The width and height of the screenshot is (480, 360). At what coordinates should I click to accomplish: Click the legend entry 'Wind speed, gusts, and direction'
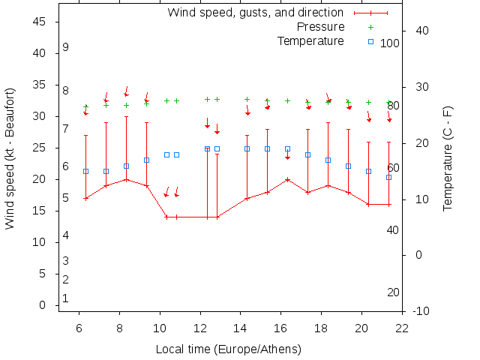tap(255, 13)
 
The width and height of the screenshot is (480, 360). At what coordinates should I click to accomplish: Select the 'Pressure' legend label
tap(320, 27)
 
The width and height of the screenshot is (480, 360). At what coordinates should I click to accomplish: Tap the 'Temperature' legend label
tap(310, 40)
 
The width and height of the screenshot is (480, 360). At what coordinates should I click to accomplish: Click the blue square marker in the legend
tap(370, 41)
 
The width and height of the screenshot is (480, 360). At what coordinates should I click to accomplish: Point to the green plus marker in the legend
tap(370, 27)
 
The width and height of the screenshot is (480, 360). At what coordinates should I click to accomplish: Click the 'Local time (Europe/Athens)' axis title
tap(228, 349)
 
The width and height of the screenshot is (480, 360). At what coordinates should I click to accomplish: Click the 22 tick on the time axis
tap(403, 328)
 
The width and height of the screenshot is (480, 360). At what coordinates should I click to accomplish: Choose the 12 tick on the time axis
tap(200, 328)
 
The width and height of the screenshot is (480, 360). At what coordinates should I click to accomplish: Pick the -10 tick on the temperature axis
tap(421, 310)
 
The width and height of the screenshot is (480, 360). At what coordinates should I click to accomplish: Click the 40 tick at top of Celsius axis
tap(421, 31)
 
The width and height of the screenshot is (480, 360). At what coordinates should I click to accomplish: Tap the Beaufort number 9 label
tap(66, 47)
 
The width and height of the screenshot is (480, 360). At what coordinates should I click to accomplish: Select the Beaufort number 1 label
tap(66, 298)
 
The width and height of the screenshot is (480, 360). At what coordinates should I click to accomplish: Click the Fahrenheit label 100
tap(390, 43)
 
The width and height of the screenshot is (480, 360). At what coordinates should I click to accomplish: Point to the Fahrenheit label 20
tap(393, 292)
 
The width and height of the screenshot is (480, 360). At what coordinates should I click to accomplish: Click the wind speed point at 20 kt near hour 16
tap(287, 179)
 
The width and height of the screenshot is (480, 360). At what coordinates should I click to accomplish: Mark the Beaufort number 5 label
tap(66, 198)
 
